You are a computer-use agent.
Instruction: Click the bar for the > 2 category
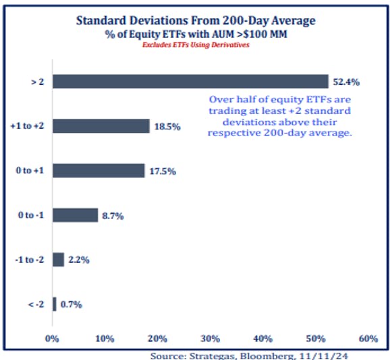click(190, 82)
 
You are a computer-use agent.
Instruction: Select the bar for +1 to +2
click(101, 126)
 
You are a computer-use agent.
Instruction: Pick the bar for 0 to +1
click(98, 171)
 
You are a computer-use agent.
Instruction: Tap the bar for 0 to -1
click(75, 215)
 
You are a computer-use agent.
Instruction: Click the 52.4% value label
click(345, 82)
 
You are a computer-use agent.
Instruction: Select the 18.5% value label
click(167, 127)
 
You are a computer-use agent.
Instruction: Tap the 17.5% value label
click(162, 171)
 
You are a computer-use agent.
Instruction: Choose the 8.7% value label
click(113, 216)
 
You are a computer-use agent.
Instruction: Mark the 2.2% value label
click(78, 260)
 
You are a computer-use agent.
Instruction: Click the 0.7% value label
click(70, 305)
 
